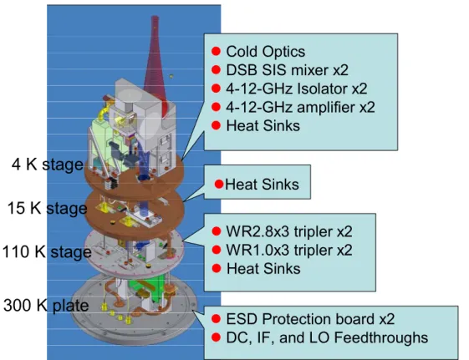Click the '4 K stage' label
tap(48, 165)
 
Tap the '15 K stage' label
tap(47, 208)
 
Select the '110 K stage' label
tap(47, 252)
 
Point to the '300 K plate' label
tap(46, 306)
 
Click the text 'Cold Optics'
tap(266, 52)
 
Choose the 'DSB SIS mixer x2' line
tap(287, 70)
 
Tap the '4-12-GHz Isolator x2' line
tap(297, 89)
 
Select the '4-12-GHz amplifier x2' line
tap(300, 107)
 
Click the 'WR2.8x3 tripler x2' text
tap(289, 231)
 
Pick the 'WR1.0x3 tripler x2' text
tap(289, 250)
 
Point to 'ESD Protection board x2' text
tap(310, 319)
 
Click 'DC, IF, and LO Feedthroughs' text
tap(327, 337)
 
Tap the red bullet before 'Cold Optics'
tap(216, 52)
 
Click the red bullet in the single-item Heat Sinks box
tap(219, 184)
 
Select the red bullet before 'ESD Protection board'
tap(216, 319)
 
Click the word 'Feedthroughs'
tap(381, 337)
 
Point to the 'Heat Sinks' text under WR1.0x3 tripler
tap(263, 269)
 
